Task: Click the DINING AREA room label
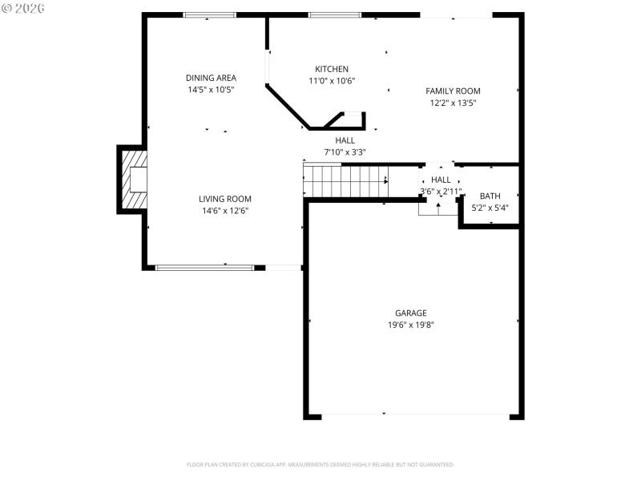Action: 211,78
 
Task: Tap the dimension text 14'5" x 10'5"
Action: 211,90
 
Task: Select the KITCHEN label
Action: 331,69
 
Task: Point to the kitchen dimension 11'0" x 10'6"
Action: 331,81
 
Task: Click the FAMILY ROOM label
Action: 453,91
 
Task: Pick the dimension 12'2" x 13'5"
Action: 453,103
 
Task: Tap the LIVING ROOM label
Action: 225,199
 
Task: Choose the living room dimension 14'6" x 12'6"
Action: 225,211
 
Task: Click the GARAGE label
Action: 410,313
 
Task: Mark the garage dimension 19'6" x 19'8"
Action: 410,325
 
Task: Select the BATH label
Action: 490,196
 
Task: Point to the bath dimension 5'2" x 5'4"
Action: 490,208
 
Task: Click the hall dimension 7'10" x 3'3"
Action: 345,152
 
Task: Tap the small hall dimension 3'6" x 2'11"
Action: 441,192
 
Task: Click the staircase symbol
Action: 345,180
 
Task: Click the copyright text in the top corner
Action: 23,7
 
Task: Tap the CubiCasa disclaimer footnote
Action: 320,464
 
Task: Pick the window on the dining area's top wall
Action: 210,14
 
